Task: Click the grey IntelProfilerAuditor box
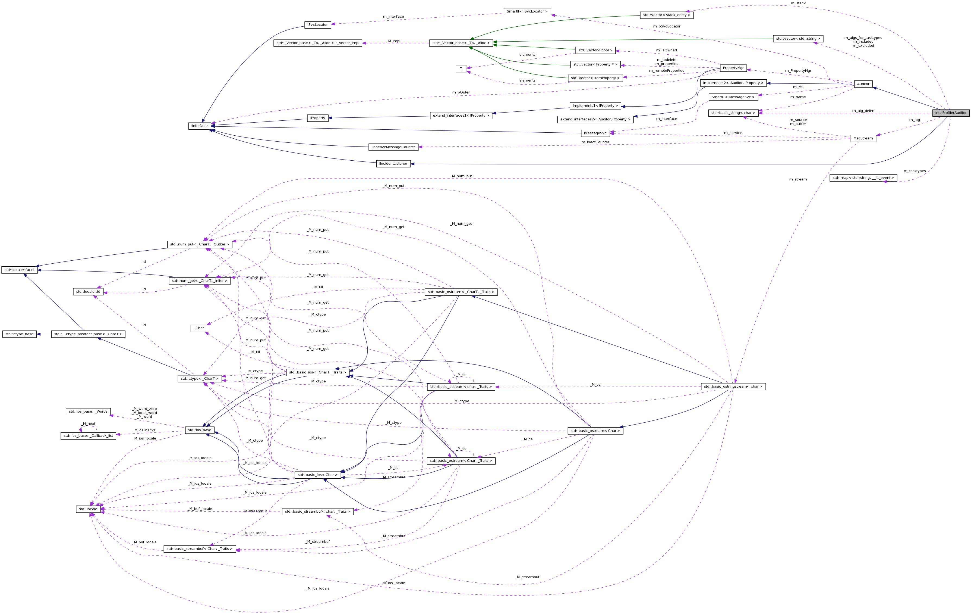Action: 950,113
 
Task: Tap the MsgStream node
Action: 863,138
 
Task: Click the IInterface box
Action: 199,126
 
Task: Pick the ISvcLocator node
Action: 317,25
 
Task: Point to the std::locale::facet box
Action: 19,270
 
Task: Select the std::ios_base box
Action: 200,430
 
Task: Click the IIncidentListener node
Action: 393,164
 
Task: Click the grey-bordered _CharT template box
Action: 200,328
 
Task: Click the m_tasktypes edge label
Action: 914,171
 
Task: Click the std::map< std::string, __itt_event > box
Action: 863,177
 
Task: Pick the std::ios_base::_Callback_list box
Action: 88,436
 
